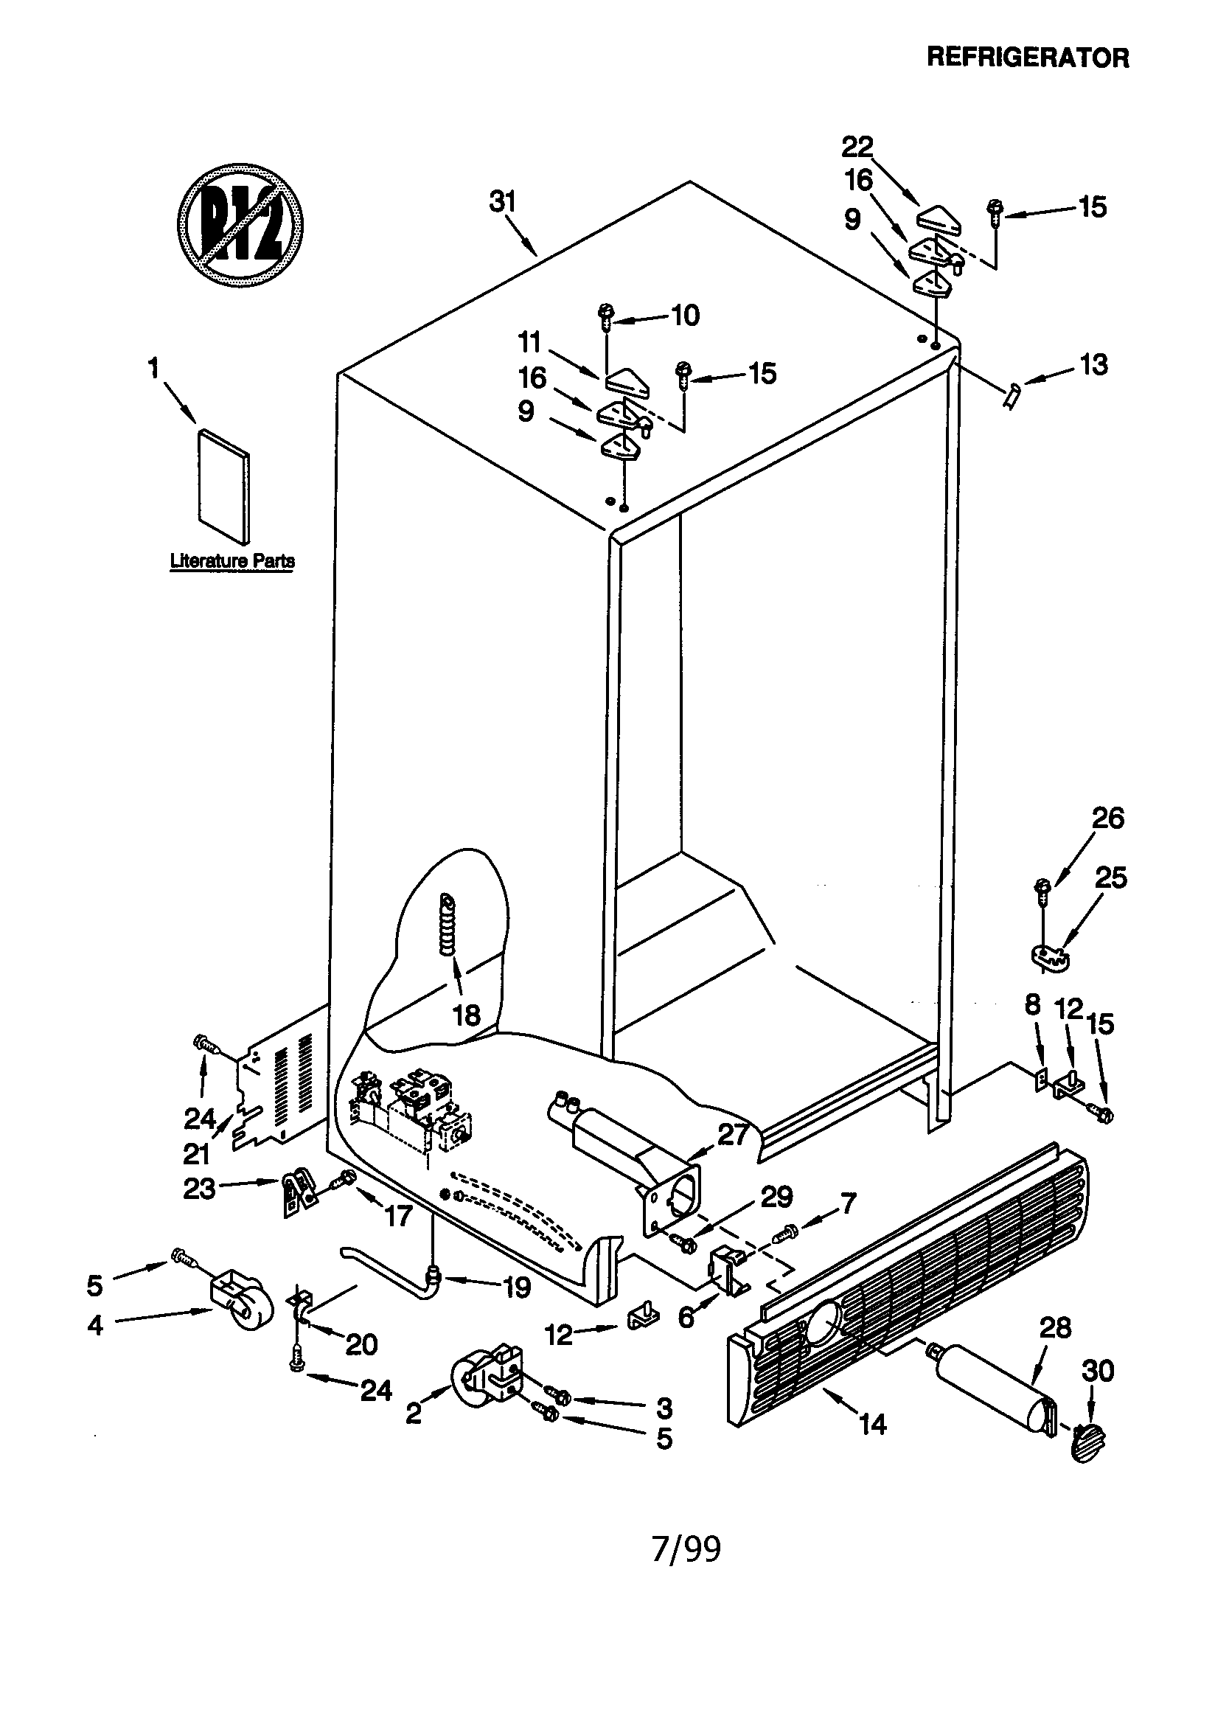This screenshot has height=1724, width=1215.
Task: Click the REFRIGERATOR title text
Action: click(1027, 57)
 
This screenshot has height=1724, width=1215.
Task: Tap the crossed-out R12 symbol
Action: click(240, 224)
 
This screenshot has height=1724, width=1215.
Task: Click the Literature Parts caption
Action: click(232, 560)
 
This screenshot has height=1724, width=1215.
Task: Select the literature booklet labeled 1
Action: click(223, 486)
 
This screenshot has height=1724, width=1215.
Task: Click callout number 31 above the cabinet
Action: click(503, 202)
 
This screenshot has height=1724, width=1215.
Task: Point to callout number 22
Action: click(857, 147)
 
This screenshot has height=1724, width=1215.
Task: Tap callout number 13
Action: click(1093, 365)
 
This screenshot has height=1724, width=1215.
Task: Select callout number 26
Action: click(1107, 818)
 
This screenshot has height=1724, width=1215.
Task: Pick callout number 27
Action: click(733, 1136)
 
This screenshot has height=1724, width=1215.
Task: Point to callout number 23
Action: click(199, 1188)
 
